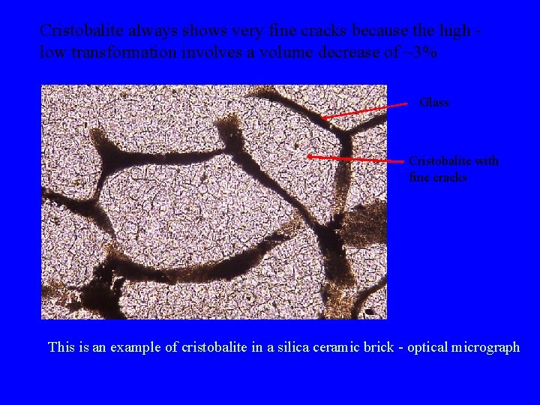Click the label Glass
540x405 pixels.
pos(434,103)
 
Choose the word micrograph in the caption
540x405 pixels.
pos(484,347)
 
